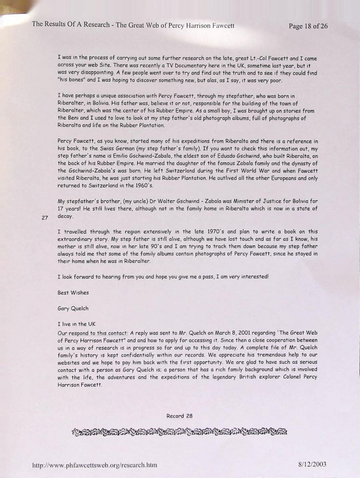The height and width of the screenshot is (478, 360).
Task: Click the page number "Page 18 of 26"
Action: pos(308,26)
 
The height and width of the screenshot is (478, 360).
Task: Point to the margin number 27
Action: pos(45,218)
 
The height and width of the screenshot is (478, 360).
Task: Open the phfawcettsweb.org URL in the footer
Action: pos(95,465)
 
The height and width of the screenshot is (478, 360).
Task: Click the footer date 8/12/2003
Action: pos(312,464)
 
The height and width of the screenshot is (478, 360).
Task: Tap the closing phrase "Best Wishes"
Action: pos(73,293)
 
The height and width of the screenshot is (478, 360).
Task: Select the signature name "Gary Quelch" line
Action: pos(73,309)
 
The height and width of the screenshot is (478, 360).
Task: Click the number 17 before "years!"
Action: pos(61,209)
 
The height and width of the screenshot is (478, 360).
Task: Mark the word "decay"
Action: pos(65,216)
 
